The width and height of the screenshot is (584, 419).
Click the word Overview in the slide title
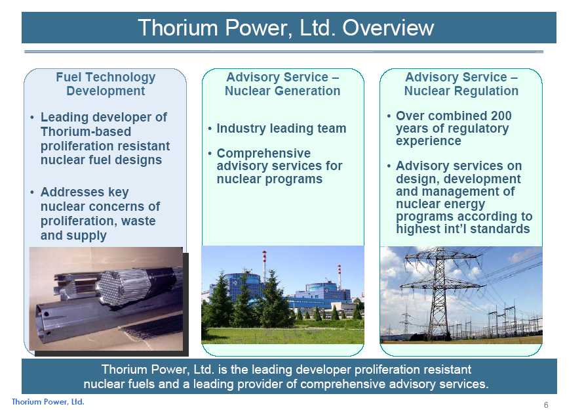pos(388,28)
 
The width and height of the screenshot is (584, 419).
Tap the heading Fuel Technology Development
pos(106,84)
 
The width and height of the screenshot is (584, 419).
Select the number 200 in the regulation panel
pos(501,116)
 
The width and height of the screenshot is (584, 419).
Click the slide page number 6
pos(546,405)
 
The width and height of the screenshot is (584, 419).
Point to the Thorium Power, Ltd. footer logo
pos(48,402)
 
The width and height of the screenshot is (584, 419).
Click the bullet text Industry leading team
pos(282,128)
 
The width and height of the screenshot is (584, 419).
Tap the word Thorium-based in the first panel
pos(86,132)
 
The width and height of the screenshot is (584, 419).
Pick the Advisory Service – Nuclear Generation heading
pos(282,84)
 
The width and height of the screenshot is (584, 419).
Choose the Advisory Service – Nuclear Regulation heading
pos(461,84)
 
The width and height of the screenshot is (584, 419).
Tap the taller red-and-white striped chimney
pos(264,266)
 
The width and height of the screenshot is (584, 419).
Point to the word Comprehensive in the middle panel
pos(263,153)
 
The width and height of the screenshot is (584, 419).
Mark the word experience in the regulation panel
pos(428,141)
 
